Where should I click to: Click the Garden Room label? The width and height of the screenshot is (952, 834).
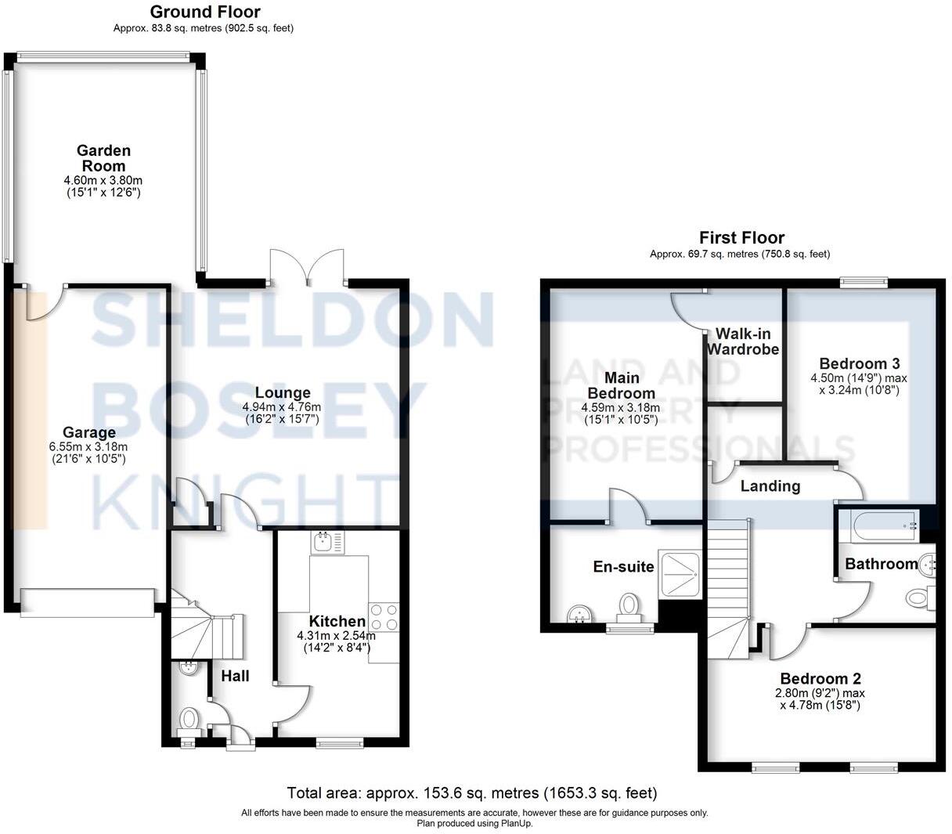[103, 158]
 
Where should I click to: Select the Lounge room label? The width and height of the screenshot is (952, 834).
[283, 392]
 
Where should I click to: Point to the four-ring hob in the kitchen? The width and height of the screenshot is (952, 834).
[384, 616]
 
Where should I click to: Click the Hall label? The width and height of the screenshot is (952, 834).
[234, 675]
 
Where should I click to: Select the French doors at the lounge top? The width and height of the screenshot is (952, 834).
[307, 265]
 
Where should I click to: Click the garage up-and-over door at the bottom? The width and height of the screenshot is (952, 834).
[88, 601]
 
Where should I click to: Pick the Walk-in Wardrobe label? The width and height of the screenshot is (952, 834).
[742, 341]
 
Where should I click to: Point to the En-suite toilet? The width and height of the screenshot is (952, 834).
[629, 608]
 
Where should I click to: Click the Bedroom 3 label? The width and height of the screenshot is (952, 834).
[859, 363]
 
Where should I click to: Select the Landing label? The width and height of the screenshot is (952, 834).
[770, 486]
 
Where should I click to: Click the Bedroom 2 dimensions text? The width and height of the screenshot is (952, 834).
[820, 699]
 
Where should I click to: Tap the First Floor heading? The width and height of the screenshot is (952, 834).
[741, 237]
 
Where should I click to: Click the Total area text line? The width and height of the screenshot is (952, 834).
[471, 793]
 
